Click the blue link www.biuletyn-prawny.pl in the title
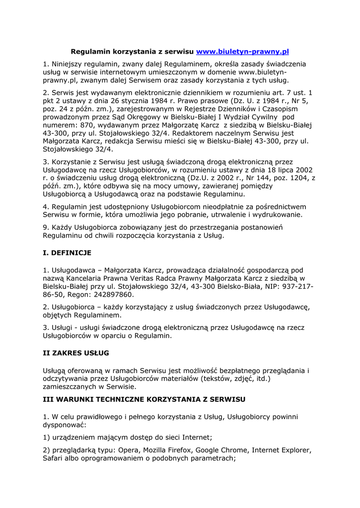[242, 52]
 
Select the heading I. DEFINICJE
[67, 253]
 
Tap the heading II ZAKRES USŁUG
[76, 353]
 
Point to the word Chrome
[233, 450]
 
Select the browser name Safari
[54, 458]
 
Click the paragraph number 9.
[45, 227]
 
